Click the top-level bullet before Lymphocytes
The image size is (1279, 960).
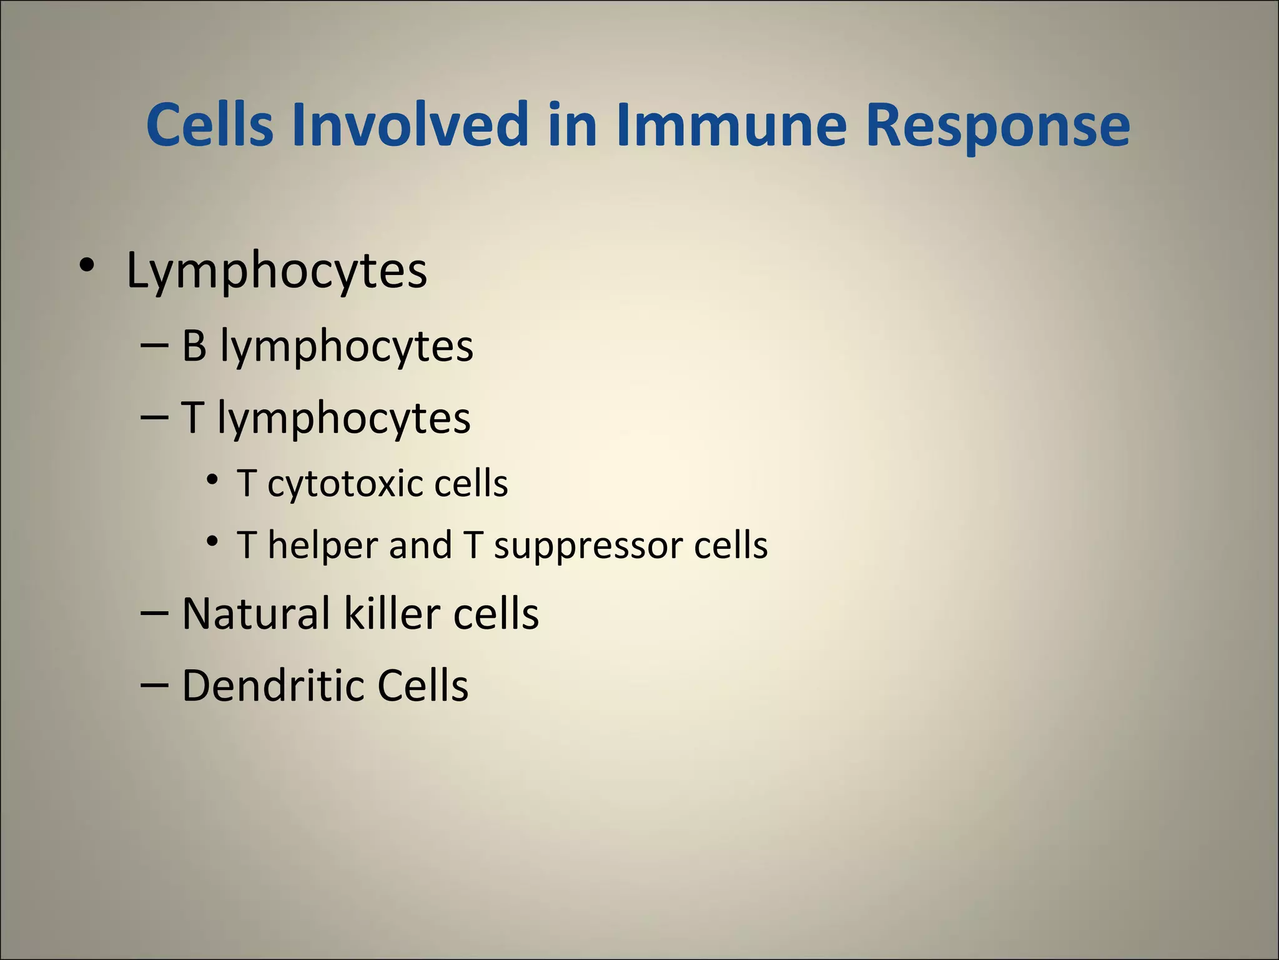pyautogui.click(x=87, y=266)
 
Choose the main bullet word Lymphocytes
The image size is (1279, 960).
pyautogui.click(x=277, y=271)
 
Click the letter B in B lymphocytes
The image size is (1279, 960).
pyautogui.click(x=194, y=346)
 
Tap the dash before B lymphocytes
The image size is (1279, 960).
pyautogui.click(x=154, y=346)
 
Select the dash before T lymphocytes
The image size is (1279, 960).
pyautogui.click(x=154, y=417)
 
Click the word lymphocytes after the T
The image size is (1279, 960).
pyautogui.click(x=344, y=419)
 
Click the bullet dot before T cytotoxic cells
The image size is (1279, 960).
pyautogui.click(x=213, y=480)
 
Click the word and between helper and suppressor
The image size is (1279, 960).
pyautogui.click(x=420, y=545)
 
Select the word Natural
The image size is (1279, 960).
pyautogui.click(x=255, y=613)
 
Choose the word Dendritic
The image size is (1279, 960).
pyautogui.click(x=273, y=686)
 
